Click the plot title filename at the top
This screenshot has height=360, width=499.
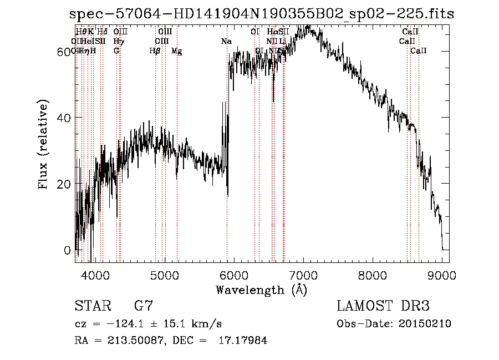coord(262,14)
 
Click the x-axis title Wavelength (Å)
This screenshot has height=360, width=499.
coord(261,290)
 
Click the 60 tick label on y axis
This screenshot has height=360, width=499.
coord(65,51)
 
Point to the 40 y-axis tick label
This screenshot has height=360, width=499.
coord(65,118)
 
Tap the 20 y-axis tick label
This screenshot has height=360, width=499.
coord(65,184)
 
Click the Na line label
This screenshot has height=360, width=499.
coord(226,41)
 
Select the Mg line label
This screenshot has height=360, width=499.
coord(176,50)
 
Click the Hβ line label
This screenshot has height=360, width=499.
coord(155,50)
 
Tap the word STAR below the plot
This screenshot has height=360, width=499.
coord(92,306)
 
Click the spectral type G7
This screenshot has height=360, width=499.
coord(143,306)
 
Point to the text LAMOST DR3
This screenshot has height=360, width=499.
coord(383,306)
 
